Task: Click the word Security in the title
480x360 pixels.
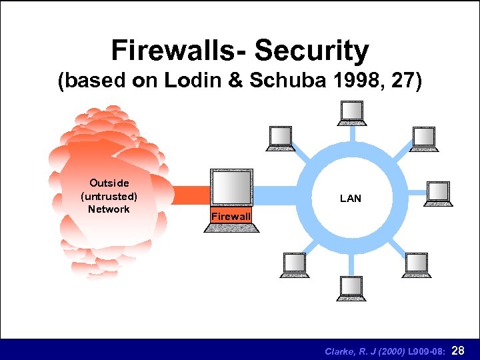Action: pos(311,51)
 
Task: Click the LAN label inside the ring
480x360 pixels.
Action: pos(350,198)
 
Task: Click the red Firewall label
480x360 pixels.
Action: pos(231,216)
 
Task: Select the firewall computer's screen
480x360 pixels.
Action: pos(231,188)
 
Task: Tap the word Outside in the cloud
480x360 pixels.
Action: pos(109,183)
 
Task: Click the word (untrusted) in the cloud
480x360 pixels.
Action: pos(109,196)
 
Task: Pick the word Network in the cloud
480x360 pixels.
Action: pos(109,209)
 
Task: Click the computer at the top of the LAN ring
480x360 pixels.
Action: pos(351,112)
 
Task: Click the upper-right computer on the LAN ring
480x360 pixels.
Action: pos(423,137)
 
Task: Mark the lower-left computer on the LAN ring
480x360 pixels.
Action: pos(293,264)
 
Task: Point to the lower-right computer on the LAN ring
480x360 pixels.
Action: pos(415,264)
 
